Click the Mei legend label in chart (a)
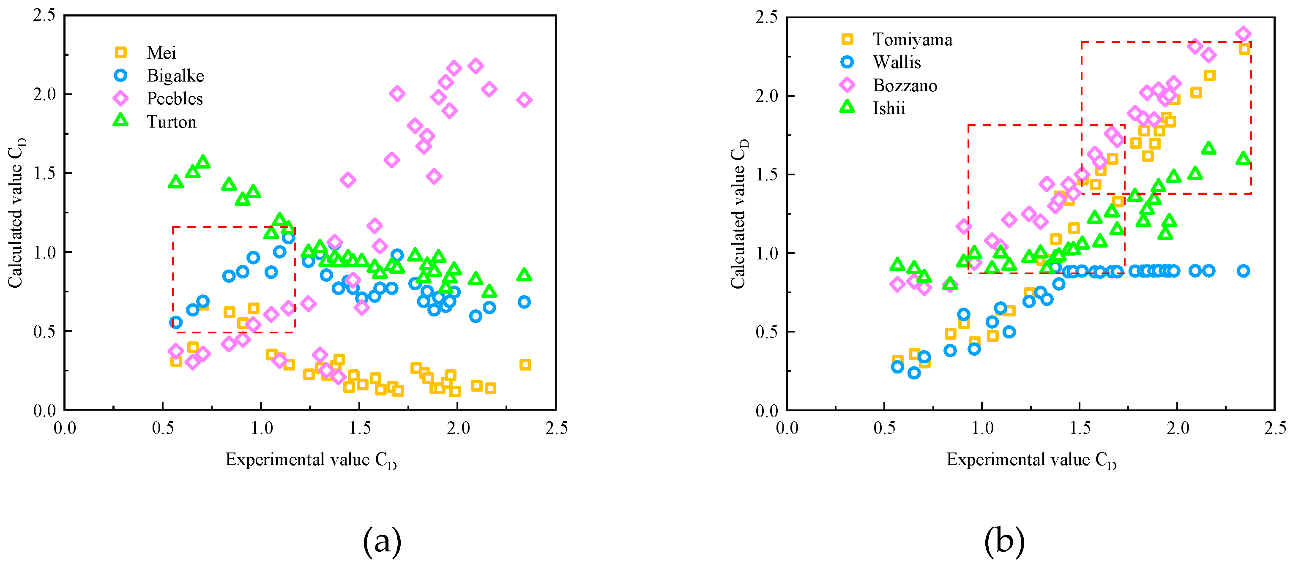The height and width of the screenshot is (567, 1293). click(x=161, y=53)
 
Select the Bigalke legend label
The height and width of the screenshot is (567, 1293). click(x=175, y=76)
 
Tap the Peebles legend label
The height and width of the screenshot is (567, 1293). click(x=175, y=98)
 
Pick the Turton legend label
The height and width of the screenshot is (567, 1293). click(x=171, y=122)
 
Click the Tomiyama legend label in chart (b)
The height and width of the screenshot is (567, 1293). click(x=912, y=39)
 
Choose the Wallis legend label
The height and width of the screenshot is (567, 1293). click(x=897, y=62)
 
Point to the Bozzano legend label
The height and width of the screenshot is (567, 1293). click(x=905, y=85)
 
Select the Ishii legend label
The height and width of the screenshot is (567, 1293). click(x=888, y=109)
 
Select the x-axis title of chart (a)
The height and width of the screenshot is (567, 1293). click(x=311, y=460)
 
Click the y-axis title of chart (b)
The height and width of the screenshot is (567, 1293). click(x=739, y=213)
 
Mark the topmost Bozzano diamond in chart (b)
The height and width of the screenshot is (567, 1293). click(x=1243, y=34)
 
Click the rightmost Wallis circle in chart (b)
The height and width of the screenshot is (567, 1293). click(x=1243, y=271)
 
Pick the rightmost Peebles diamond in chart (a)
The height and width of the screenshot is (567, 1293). click(x=524, y=100)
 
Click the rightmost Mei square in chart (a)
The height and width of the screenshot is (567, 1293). click(x=525, y=365)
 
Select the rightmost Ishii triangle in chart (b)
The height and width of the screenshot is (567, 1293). click(x=1243, y=159)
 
